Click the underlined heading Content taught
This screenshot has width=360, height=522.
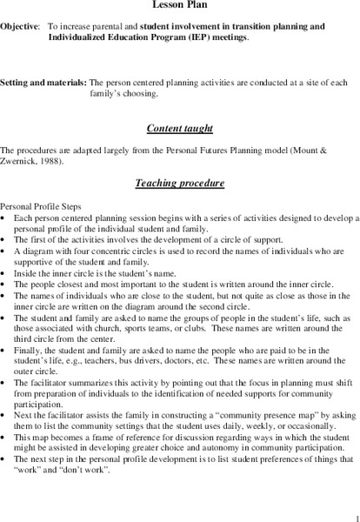(x=180, y=128)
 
